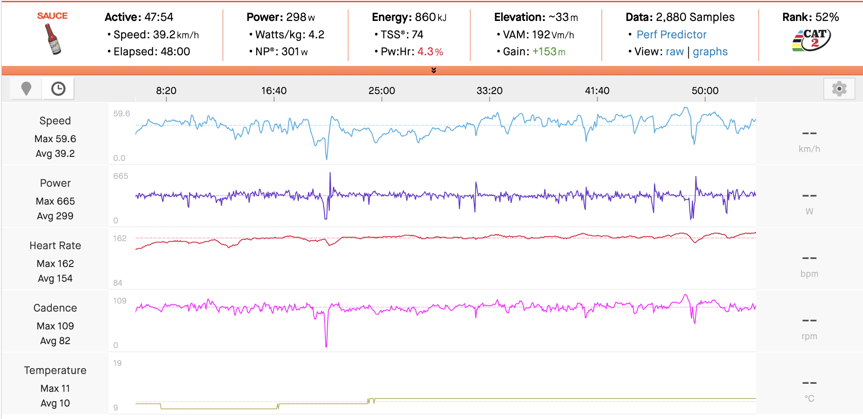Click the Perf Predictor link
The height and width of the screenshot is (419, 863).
(x=671, y=35)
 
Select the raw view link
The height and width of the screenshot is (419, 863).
(x=674, y=52)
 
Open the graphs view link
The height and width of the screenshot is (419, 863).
(x=710, y=52)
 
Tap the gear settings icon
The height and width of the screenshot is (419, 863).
(x=839, y=89)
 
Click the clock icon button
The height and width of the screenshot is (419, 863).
(x=58, y=89)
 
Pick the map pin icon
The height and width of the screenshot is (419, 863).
(x=26, y=89)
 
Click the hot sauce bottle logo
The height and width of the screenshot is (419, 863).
(x=53, y=39)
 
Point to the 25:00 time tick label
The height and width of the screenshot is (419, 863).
(x=382, y=90)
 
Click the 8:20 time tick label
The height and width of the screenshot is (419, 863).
(x=166, y=90)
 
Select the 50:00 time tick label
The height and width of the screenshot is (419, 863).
(x=705, y=90)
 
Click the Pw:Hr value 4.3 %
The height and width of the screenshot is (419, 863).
(x=430, y=52)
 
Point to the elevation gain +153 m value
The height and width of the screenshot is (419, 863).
(x=549, y=52)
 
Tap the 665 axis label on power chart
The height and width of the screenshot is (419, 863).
(x=120, y=176)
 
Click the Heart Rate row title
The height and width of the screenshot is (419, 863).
(x=55, y=246)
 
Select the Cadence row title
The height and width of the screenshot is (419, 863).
(x=55, y=308)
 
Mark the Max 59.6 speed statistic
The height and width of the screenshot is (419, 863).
(x=55, y=139)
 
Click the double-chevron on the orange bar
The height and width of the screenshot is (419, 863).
(x=434, y=70)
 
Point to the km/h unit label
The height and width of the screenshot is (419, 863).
(x=809, y=149)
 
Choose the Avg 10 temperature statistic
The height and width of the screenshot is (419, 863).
(x=55, y=403)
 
